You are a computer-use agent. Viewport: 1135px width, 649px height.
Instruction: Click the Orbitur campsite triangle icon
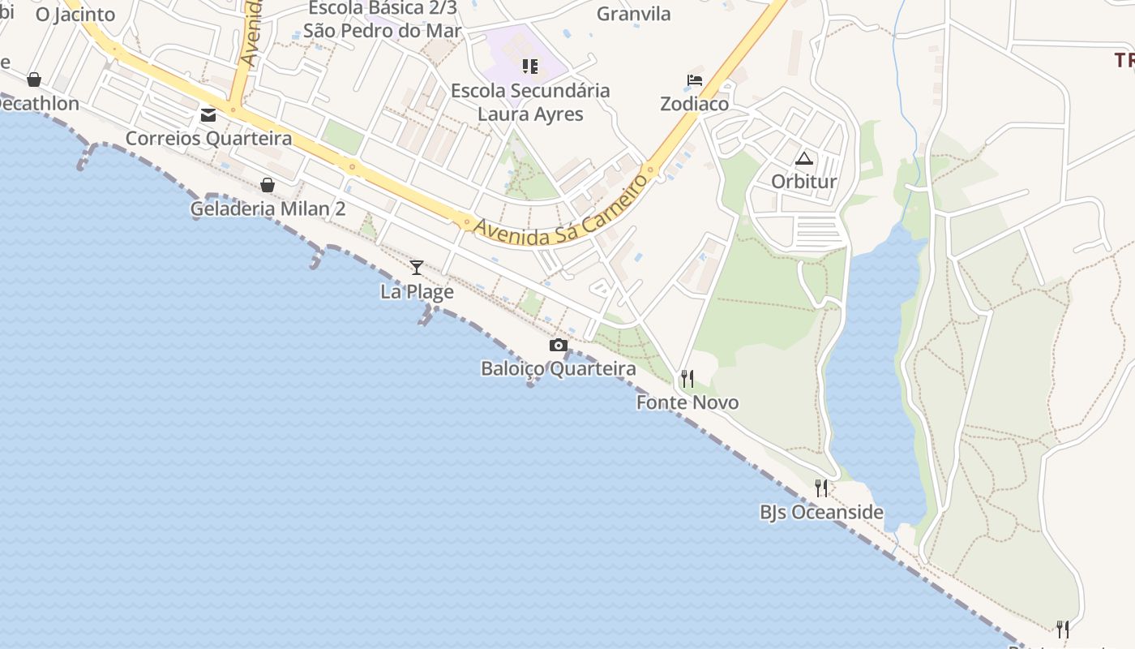pyautogui.click(x=803, y=158)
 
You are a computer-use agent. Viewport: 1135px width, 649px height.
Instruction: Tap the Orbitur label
pyautogui.click(x=803, y=181)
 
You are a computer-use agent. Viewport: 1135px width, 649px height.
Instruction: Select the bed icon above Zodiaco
pyautogui.click(x=695, y=80)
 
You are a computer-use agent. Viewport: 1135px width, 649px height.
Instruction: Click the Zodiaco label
pyautogui.click(x=694, y=104)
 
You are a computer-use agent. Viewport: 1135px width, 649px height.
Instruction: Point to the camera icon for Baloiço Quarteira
pyautogui.click(x=558, y=346)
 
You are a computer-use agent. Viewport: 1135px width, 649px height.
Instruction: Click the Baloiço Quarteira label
pyautogui.click(x=558, y=369)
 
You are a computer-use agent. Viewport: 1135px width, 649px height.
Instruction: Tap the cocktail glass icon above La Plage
pyautogui.click(x=417, y=267)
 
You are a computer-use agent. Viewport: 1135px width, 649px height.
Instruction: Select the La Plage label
pyautogui.click(x=417, y=291)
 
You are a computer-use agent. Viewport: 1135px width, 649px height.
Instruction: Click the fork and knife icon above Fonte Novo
pyautogui.click(x=687, y=379)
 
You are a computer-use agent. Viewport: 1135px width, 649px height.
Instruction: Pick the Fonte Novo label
pyautogui.click(x=687, y=402)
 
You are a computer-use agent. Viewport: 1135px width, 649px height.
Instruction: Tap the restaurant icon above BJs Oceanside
pyautogui.click(x=821, y=488)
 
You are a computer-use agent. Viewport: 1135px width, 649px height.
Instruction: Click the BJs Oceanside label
pyautogui.click(x=821, y=513)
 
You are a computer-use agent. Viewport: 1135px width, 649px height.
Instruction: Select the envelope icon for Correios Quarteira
pyautogui.click(x=208, y=114)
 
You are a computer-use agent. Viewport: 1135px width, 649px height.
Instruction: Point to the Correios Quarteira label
pyautogui.click(x=208, y=139)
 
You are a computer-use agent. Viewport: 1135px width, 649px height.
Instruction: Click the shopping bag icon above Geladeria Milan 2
pyautogui.click(x=268, y=185)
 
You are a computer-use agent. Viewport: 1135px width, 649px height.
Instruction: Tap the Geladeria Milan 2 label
pyautogui.click(x=268, y=209)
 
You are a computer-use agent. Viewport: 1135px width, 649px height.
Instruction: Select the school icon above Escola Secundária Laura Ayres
pyautogui.click(x=530, y=66)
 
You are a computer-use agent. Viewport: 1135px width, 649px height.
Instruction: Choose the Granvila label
pyautogui.click(x=634, y=14)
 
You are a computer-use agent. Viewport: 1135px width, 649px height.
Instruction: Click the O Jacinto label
pyautogui.click(x=75, y=14)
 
